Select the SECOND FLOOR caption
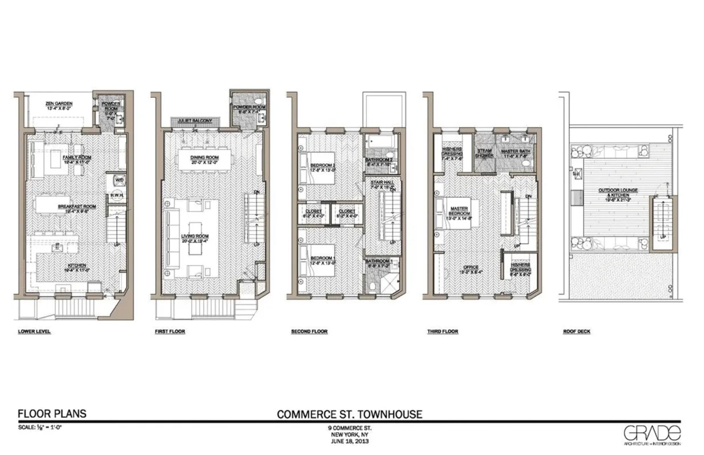(308, 332)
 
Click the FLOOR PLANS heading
(52, 413)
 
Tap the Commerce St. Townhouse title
(349, 414)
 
